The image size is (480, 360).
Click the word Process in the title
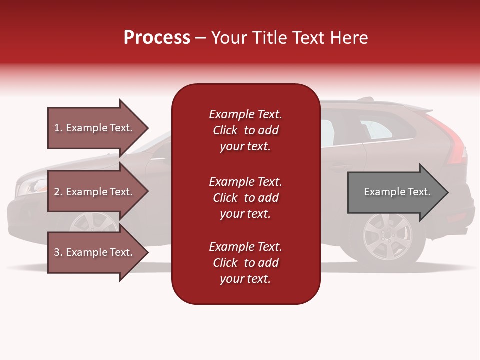click(157, 38)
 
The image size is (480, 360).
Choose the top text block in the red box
click(245, 130)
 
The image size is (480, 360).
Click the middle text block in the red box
click(245, 198)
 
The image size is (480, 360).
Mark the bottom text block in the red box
click(245, 263)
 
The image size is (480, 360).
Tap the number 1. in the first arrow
click(58, 128)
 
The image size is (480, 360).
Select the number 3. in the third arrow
click(58, 252)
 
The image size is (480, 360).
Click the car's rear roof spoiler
click(417, 108)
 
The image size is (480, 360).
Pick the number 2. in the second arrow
click(58, 192)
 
